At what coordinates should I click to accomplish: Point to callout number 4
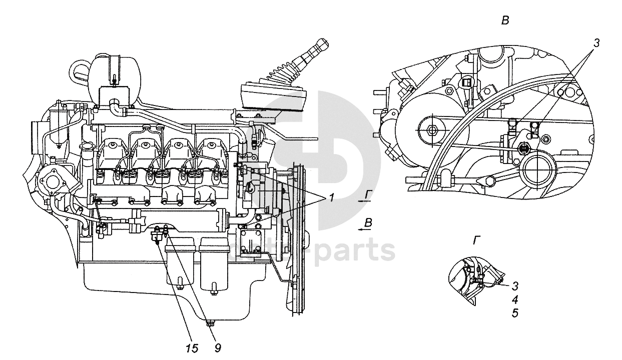[x=515, y=300]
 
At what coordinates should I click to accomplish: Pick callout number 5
[x=515, y=313]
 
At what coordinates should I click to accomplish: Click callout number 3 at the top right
[x=596, y=43]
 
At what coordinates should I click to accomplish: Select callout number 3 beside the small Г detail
[x=515, y=286]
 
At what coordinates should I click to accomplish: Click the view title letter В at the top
[x=505, y=21]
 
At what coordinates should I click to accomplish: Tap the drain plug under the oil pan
[x=209, y=324]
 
